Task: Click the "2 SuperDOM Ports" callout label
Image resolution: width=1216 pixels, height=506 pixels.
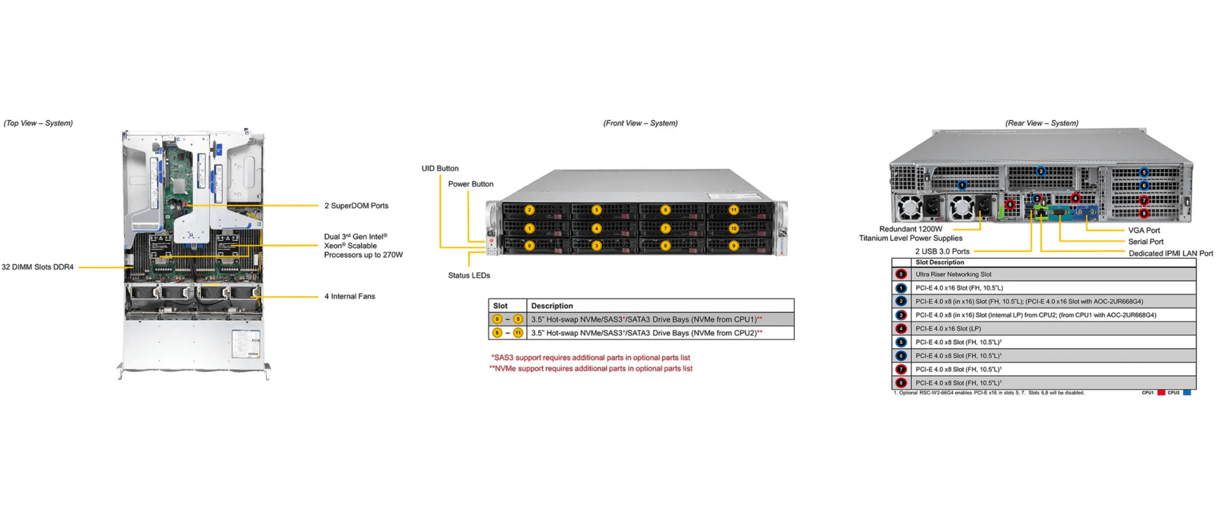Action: tap(356, 206)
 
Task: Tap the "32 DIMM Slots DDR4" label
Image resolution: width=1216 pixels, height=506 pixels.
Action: tap(37, 267)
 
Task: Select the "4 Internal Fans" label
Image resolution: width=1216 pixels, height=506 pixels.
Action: tap(349, 297)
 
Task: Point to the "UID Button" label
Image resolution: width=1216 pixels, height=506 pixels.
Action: tap(440, 168)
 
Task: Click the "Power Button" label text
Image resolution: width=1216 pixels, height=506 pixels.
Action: tap(470, 184)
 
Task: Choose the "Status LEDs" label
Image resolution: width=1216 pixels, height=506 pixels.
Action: tap(468, 275)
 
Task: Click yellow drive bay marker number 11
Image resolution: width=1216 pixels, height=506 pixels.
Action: tap(734, 210)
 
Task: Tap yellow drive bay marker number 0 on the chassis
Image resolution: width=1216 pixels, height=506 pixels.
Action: tap(529, 246)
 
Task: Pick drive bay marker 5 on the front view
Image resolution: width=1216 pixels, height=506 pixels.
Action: tap(597, 210)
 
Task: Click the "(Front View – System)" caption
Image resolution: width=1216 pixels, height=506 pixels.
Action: tap(640, 123)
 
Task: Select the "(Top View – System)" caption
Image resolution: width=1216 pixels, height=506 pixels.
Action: tap(38, 123)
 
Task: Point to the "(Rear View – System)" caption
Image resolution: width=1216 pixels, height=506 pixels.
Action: tap(1041, 123)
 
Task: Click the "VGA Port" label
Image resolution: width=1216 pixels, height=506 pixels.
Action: tap(1144, 230)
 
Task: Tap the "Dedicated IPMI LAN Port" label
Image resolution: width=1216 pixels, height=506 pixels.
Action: tap(1170, 253)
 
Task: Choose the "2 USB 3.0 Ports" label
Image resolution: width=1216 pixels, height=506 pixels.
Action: tap(942, 252)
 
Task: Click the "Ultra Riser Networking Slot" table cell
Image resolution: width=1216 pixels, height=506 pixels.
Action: tap(953, 275)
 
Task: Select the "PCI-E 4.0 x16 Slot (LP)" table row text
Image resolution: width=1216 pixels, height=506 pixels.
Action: tap(948, 329)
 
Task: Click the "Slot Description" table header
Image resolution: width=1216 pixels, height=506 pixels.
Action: tap(939, 262)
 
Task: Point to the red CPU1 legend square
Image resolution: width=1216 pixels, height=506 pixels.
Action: tap(1161, 393)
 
